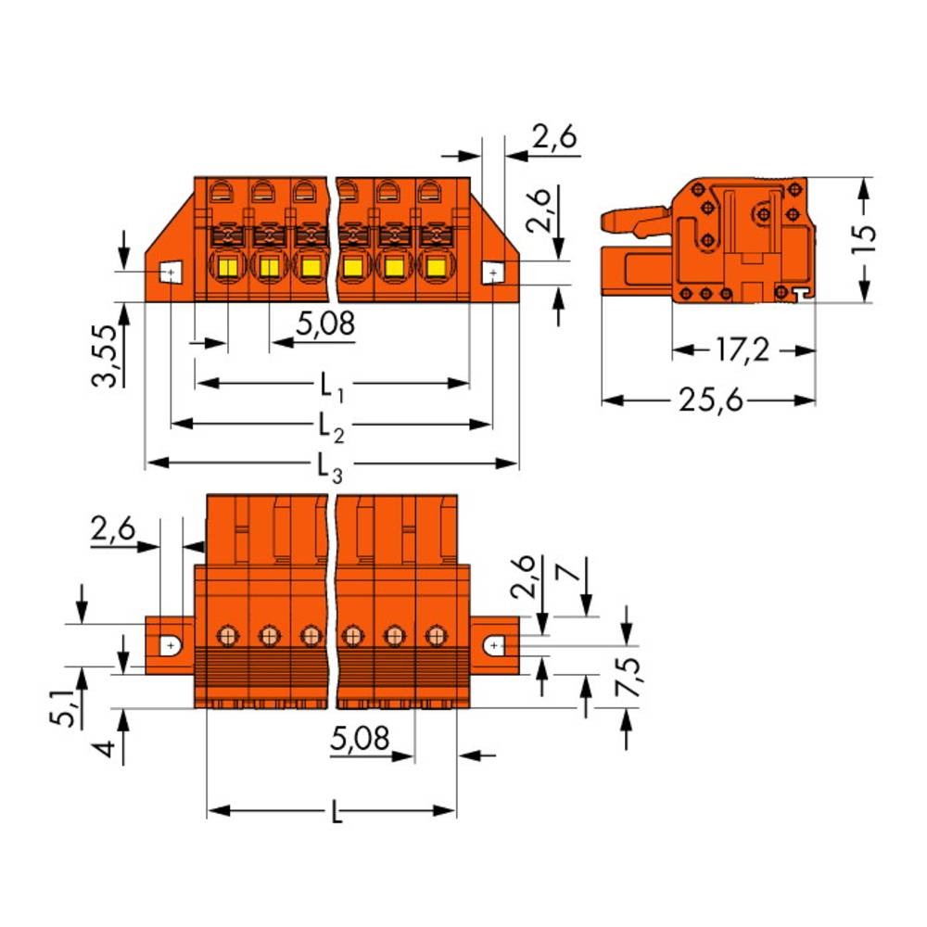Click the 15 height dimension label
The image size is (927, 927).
coord(863,239)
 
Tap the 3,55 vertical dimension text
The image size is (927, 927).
coord(108,356)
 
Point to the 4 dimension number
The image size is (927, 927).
coord(109,747)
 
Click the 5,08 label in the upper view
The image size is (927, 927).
coord(324,325)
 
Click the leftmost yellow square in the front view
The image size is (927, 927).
coord(227,270)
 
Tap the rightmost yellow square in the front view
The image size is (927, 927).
coord(435,270)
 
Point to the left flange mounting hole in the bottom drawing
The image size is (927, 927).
coord(171,644)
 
